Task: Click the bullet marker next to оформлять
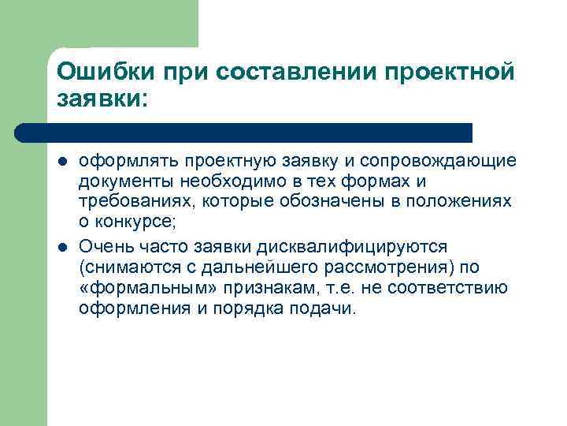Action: click(x=62, y=162)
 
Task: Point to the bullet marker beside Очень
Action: click(x=62, y=245)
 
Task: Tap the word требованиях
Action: click(x=127, y=202)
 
